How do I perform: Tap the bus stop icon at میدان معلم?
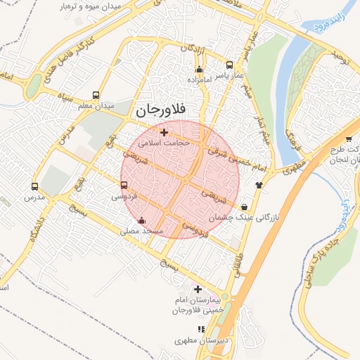point(96,96)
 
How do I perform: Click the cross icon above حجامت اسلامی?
point(164,132)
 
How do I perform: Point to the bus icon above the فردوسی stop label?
point(124,186)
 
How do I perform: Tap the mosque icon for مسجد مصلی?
point(143,219)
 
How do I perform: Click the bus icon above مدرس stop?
point(34,187)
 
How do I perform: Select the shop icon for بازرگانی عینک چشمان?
point(243,207)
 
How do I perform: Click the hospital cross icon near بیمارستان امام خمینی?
point(198,289)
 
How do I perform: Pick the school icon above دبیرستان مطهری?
point(201,328)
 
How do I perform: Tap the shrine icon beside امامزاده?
point(200,69)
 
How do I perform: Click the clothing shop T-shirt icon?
point(259,185)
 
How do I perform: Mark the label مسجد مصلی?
point(142,231)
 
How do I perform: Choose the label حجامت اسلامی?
point(159,143)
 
